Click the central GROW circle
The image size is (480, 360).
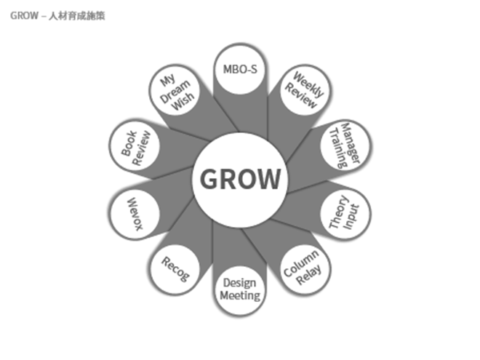[239, 179]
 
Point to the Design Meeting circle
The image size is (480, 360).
[239, 289]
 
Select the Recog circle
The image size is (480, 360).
[175, 268]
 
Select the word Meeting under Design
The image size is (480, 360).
[239, 296]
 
